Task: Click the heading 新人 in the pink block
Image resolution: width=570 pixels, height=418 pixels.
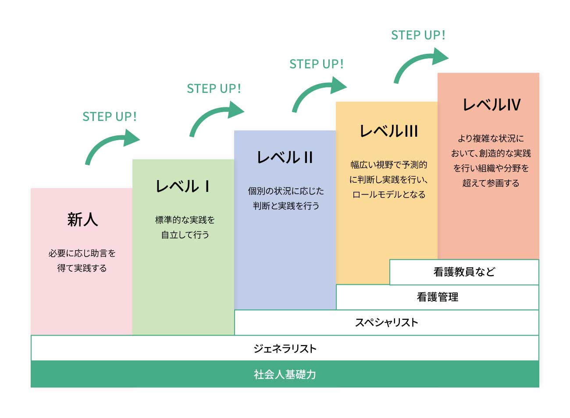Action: tap(82, 219)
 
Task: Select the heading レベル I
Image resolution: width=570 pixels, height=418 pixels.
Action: tap(183, 186)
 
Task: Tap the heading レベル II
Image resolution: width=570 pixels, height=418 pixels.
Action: tap(285, 157)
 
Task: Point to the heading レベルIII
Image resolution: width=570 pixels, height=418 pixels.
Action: tap(388, 131)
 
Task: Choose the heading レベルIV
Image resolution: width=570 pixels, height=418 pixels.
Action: tap(492, 105)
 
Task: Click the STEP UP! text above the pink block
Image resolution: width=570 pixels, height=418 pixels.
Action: tap(110, 117)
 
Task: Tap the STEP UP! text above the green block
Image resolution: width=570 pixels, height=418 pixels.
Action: tap(214, 89)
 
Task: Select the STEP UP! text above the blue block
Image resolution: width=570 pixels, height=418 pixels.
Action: tap(317, 64)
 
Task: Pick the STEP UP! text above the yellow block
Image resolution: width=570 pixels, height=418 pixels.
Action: tap(418, 35)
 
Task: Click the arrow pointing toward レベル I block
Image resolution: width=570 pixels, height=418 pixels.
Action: tap(111, 145)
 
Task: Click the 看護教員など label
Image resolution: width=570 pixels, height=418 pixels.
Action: tap(464, 272)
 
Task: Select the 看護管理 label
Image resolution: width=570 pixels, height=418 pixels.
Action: tap(437, 297)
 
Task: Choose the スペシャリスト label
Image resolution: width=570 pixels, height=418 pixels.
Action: tap(386, 322)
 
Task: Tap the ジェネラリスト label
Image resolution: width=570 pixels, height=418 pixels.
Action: tap(285, 348)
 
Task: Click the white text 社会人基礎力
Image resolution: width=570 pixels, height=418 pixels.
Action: tap(285, 374)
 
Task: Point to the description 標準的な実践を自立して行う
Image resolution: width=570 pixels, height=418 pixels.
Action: tap(185, 227)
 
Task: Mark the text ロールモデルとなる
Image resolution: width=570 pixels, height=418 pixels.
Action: tap(388, 195)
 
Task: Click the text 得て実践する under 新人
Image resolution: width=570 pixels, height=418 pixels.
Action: tap(82, 268)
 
